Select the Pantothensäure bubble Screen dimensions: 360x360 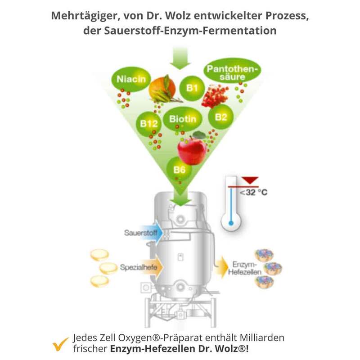point(232,72)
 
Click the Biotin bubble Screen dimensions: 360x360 point(182,119)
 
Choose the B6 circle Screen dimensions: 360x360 point(180,170)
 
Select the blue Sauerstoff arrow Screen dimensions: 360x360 point(144,234)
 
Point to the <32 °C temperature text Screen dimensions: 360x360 point(253,193)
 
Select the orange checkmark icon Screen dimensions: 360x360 point(58,344)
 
